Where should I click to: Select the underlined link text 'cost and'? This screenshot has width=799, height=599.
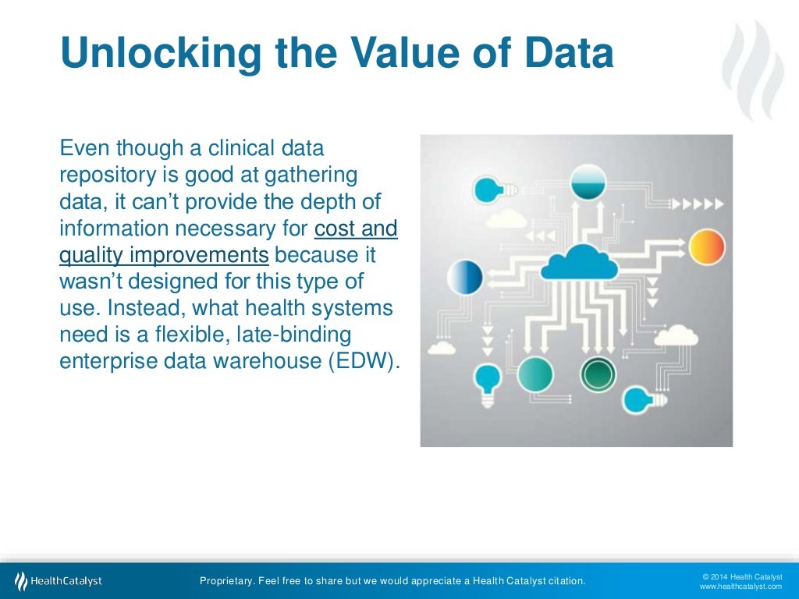[x=356, y=229]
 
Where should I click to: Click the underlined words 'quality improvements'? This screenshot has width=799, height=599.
[x=165, y=255]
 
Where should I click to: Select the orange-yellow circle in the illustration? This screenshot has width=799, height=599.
[x=708, y=246]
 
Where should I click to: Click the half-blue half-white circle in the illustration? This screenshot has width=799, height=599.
[x=465, y=277]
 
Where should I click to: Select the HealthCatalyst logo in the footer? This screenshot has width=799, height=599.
[x=59, y=580]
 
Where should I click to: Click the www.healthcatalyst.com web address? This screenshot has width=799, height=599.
[x=740, y=586]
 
